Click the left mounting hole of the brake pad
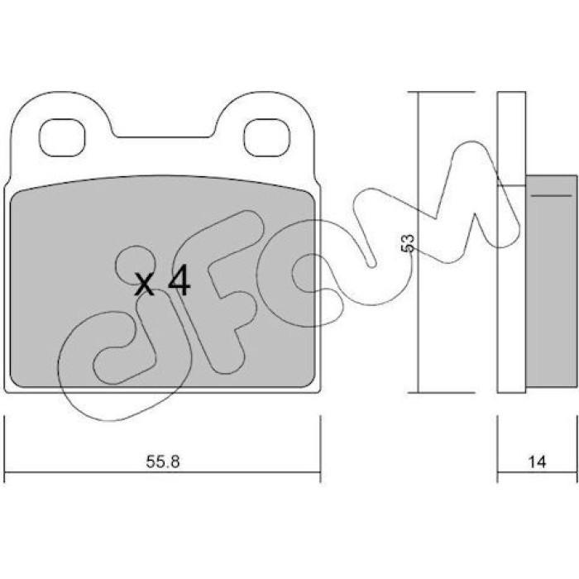coord(62,137)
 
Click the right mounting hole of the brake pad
coord(267,137)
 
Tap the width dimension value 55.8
coord(163,462)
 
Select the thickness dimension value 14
coord(537,462)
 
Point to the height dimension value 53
coord(408,243)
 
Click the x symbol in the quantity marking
coord(144,285)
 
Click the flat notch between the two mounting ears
coord(163,137)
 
